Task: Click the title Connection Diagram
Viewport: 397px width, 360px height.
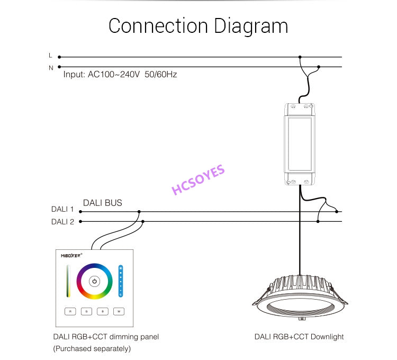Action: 198,26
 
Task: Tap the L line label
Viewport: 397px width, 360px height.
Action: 50,55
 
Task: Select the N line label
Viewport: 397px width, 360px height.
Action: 51,68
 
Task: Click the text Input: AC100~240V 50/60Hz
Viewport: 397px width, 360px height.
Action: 120,75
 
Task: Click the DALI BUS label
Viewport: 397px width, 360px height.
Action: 103,203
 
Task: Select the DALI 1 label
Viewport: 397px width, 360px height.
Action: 62,209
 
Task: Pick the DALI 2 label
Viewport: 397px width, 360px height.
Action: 62,222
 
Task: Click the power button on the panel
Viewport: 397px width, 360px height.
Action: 94,281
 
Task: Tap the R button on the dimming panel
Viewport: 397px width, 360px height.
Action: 70,311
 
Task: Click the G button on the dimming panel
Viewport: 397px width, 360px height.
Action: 86,311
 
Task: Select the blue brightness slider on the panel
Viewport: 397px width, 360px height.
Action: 121,281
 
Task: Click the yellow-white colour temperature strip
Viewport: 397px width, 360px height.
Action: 68,281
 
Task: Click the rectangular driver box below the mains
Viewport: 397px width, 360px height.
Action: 300,143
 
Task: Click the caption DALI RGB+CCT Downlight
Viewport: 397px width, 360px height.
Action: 299,337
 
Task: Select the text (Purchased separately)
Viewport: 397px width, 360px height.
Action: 91,348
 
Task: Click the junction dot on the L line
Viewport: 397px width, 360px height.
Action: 300,57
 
